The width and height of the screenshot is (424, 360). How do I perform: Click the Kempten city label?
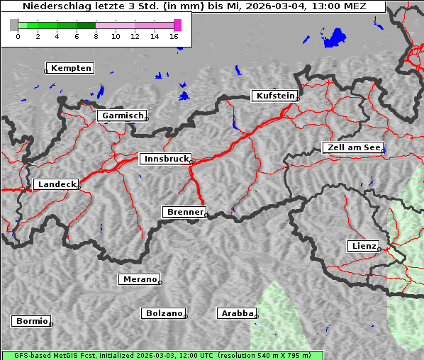[72, 68]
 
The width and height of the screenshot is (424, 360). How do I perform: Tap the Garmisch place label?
[123, 116]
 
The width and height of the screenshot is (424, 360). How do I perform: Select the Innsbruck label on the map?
[165, 159]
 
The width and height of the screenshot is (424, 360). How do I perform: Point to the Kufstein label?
[274, 96]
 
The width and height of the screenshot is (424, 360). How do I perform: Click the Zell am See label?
[352, 147]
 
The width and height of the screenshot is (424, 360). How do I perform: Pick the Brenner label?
[184, 212]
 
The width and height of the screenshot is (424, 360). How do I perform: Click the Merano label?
[139, 279]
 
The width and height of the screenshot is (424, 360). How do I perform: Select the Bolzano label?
[164, 313]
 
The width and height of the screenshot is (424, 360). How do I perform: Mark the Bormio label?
[31, 321]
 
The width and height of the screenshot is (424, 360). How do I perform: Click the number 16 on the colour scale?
[174, 36]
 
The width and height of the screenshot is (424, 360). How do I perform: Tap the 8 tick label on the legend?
[96, 36]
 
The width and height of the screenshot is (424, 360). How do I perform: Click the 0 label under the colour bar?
[18, 36]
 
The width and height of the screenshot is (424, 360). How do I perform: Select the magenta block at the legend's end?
[177, 25]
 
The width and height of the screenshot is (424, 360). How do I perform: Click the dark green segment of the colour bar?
[86, 25]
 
